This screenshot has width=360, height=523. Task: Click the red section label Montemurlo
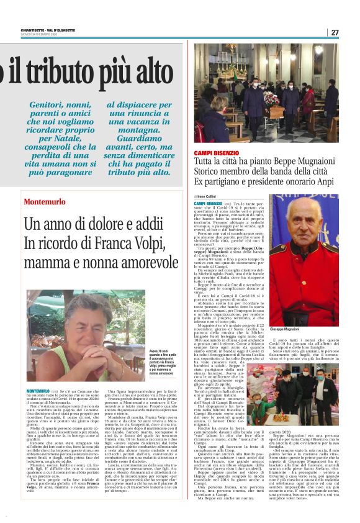[44, 202]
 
